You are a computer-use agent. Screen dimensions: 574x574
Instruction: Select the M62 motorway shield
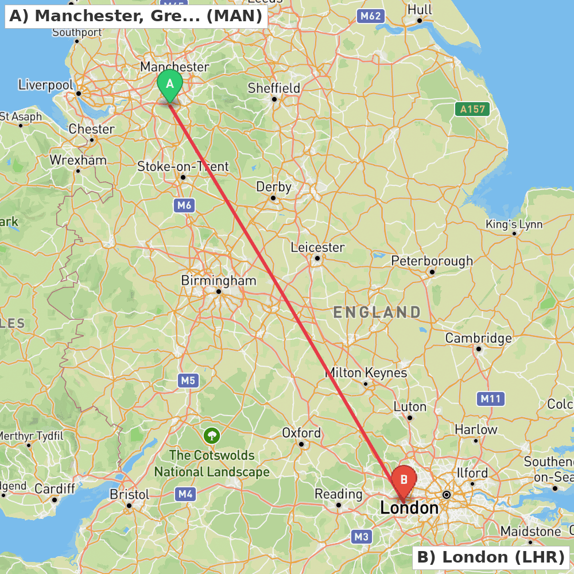click(370, 16)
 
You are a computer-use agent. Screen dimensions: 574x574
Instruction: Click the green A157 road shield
click(472, 108)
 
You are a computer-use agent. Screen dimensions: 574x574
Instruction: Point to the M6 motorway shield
click(184, 205)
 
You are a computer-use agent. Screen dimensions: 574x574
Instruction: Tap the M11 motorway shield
click(491, 399)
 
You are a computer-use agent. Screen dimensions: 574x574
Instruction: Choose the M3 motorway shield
click(361, 537)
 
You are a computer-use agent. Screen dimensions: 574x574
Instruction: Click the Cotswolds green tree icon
click(212, 435)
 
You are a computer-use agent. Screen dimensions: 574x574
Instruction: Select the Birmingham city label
click(219, 281)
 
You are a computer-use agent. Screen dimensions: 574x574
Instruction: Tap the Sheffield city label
click(274, 88)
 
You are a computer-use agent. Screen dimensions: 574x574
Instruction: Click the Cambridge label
click(478, 338)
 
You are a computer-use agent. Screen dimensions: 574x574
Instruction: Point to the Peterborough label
click(432, 261)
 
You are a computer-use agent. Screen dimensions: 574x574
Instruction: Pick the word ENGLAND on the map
click(377, 312)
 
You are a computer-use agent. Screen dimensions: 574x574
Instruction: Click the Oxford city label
click(301, 433)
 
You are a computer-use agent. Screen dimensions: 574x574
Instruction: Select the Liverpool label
click(46, 86)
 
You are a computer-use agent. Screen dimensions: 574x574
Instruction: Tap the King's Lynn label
click(514, 224)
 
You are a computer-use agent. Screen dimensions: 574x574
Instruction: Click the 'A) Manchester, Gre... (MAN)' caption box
click(136, 15)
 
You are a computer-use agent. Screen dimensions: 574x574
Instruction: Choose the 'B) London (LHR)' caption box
click(491, 557)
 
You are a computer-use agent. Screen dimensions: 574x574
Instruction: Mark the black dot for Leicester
click(317, 258)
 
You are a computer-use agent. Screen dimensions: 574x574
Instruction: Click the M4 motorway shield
click(185, 494)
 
